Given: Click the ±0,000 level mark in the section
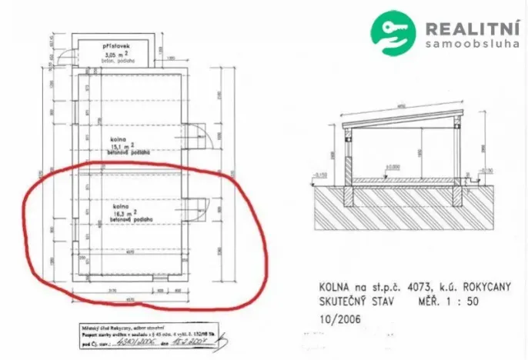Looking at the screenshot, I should pyautogui.click(x=396, y=166).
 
